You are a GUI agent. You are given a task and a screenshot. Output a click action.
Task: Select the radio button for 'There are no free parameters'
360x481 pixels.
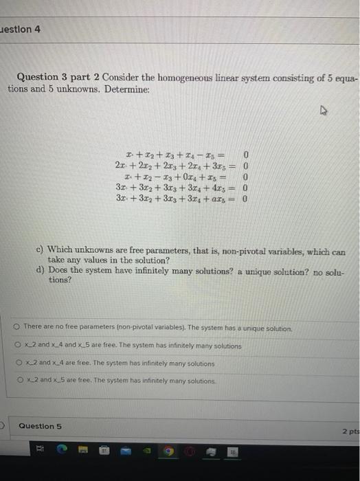point(16,329)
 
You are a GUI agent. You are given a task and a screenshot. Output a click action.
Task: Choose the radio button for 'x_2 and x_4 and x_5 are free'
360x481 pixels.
point(16,346)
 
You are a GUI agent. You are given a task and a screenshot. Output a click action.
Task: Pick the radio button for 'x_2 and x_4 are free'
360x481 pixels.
point(16,363)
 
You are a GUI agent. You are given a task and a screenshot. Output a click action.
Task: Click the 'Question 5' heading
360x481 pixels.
point(41,426)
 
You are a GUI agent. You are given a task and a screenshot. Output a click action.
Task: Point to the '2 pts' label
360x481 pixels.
point(350,431)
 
